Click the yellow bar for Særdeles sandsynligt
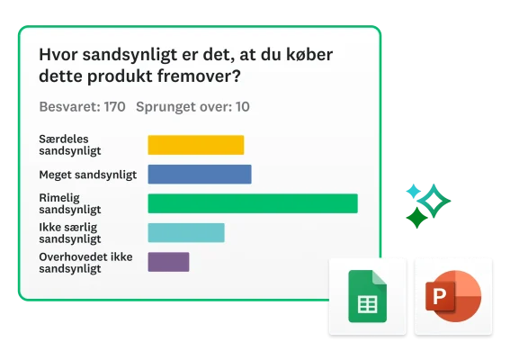195,145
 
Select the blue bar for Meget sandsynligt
199,175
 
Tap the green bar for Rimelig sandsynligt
252,203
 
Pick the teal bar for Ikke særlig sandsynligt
185,233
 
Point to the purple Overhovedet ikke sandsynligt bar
168,262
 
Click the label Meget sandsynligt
86,175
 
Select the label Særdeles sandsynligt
70,145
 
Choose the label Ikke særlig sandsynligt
70,233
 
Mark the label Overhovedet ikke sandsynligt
85,262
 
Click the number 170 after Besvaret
114,107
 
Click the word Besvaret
69,107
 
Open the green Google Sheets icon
367,296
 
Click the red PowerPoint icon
452,296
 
